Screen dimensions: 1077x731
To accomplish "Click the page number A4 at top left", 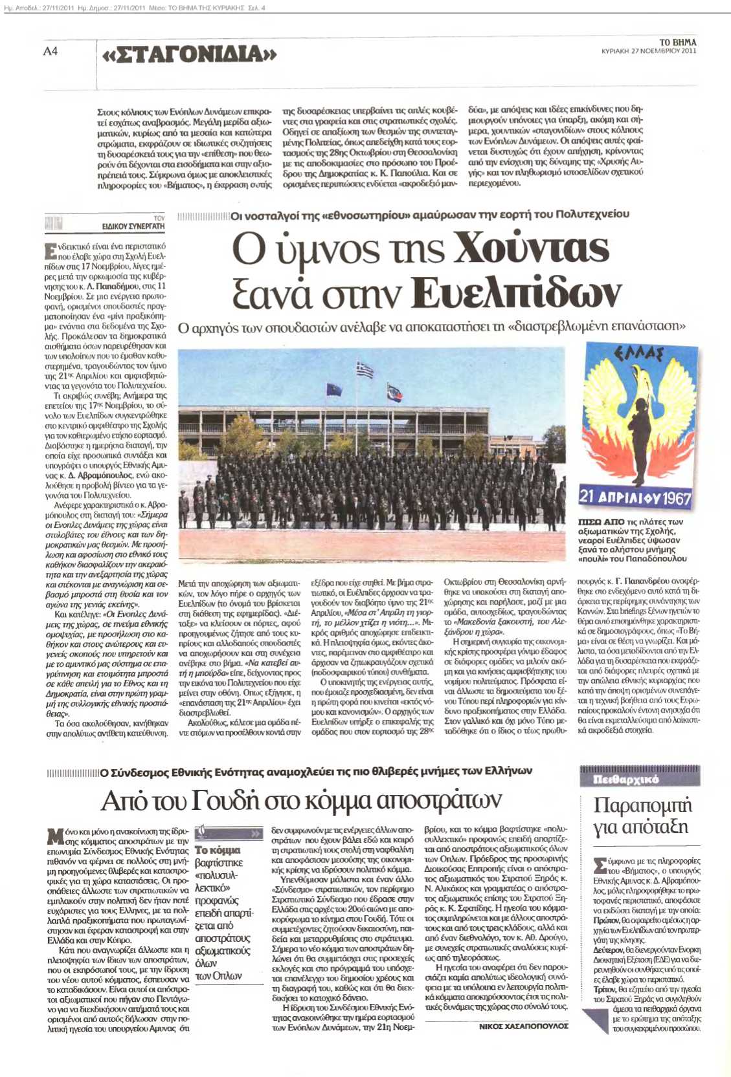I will (x=51, y=51).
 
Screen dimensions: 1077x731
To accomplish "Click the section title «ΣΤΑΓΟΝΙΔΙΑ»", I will (x=189, y=54).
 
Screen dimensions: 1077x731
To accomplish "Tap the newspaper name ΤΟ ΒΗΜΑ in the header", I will (x=677, y=42).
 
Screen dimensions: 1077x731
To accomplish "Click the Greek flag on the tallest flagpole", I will (x=365, y=371).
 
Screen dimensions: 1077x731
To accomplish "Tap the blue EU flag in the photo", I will (x=334, y=389).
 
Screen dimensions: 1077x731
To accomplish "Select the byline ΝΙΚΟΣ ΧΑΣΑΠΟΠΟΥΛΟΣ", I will (x=523, y=1026).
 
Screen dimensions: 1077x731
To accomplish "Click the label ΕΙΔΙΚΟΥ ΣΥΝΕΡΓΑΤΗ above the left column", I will (x=133, y=226).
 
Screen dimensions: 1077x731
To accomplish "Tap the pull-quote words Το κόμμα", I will (x=218, y=850).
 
